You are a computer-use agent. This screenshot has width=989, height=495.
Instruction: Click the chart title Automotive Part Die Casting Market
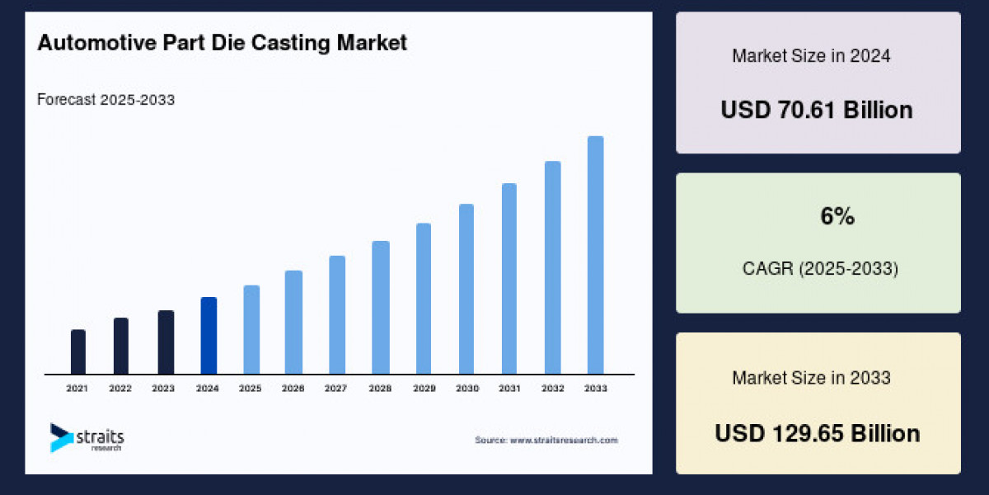pos(222,43)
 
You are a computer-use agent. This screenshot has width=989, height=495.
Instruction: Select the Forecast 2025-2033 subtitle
pos(105,100)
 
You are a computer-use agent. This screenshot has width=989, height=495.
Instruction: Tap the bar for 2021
pos(78,352)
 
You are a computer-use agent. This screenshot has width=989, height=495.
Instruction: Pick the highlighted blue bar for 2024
pos(209,336)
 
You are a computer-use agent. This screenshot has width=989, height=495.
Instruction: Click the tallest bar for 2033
pos(595,255)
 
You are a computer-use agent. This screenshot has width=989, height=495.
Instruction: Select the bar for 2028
pos(381,308)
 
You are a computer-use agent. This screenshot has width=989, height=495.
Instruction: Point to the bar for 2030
pos(466,289)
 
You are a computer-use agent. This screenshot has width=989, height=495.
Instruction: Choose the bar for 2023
pos(166,342)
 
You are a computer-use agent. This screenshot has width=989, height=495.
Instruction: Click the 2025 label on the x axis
pos(251,388)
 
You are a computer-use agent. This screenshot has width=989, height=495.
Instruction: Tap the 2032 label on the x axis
pos(552,388)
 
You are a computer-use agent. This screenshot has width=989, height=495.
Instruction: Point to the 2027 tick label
pos(336,388)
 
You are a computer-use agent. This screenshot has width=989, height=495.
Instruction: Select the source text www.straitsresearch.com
pos(546,441)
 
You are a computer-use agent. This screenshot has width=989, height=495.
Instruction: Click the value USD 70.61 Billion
pos(817,110)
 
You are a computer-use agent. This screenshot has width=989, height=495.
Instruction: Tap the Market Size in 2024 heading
pos(811,56)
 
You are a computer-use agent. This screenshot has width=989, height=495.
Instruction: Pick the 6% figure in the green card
pos(837,217)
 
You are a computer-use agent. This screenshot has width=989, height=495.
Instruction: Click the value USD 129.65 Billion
pos(817,433)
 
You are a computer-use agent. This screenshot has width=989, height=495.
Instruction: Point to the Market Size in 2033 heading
pos(811,378)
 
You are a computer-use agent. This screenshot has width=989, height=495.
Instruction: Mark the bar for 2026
pos(293,323)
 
